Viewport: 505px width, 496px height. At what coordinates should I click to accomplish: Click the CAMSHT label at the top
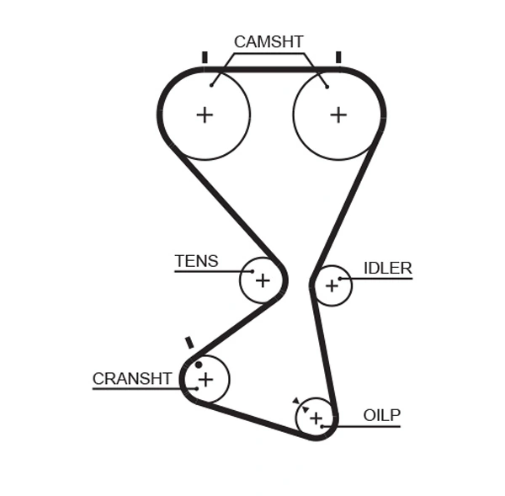268,41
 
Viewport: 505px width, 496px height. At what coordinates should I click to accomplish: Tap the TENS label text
196,261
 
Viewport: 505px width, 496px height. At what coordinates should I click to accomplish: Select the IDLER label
387,269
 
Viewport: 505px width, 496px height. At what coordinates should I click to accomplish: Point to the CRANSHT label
132,379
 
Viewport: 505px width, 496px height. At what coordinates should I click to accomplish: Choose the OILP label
381,415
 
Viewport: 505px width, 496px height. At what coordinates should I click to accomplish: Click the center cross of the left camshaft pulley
205,115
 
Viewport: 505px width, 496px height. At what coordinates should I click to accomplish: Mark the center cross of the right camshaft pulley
338,115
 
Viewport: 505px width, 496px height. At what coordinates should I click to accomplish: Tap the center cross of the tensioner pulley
263,280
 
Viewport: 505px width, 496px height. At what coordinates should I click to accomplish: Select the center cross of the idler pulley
332,286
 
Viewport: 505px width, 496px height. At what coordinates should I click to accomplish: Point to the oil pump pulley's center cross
316,418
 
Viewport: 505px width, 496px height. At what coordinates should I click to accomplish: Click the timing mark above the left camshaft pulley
205,57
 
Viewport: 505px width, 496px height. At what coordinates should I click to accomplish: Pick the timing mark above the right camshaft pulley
338,57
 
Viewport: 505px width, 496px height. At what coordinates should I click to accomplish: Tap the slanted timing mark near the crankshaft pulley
189,343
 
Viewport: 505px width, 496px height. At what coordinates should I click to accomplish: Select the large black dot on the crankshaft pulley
199,365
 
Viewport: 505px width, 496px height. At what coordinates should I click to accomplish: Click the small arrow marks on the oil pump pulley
298,403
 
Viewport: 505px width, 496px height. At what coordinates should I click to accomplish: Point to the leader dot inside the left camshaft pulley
213,83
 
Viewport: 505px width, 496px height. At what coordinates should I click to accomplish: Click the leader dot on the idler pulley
340,278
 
